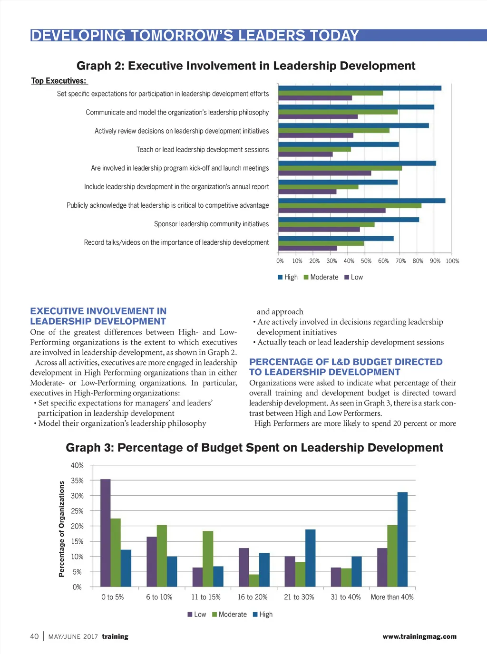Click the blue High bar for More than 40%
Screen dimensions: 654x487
(402, 539)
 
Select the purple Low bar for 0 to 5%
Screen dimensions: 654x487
(106, 533)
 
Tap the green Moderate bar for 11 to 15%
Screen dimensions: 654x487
(208, 559)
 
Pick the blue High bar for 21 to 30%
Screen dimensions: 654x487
(310, 558)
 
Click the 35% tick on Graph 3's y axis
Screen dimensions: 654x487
(77, 481)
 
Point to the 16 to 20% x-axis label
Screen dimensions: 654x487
(253, 597)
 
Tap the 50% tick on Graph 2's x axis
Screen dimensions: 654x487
(366, 261)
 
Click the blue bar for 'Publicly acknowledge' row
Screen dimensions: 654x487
(361, 201)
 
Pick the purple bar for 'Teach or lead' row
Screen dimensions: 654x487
(305, 154)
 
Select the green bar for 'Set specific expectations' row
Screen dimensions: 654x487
(331, 93)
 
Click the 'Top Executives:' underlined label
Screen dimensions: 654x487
(58, 81)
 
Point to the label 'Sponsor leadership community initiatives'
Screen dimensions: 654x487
(211, 224)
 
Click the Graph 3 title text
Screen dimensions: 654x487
(254, 448)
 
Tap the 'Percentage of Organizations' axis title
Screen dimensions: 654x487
(61, 529)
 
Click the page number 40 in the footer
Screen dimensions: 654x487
(34, 636)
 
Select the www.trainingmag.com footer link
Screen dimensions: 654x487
(419, 636)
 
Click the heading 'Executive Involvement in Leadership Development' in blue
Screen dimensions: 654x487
(98, 316)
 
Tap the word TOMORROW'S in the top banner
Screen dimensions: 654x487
(182, 36)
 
